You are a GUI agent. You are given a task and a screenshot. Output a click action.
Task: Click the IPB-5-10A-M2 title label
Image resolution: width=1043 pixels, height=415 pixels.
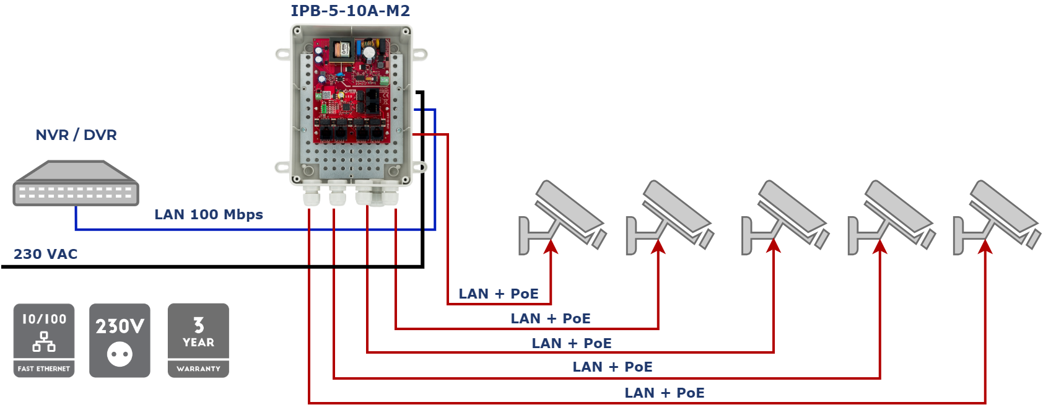pyautogui.click(x=350, y=11)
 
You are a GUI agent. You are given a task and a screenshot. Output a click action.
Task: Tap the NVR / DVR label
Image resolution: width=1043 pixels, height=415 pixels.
pyautogui.click(x=76, y=135)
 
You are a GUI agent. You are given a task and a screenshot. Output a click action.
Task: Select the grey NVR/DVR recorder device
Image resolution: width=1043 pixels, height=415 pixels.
pyautogui.click(x=76, y=184)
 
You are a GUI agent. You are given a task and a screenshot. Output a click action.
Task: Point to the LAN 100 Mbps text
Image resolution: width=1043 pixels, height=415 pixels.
pyautogui.click(x=209, y=215)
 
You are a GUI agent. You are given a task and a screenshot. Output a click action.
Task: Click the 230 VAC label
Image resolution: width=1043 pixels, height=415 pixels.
pyautogui.click(x=46, y=255)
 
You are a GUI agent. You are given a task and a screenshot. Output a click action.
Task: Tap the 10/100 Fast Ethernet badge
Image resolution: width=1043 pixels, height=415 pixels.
pyautogui.click(x=44, y=340)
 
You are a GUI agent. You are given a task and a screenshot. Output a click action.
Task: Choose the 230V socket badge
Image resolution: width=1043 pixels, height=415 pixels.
pyautogui.click(x=120, y=340)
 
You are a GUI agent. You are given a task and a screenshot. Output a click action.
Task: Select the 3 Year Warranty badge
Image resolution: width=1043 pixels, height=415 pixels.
pyautogui.click(x=198, y=340)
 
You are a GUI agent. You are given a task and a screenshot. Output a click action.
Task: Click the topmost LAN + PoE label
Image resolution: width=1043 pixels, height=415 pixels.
pyautogui.click(x=499, y=294)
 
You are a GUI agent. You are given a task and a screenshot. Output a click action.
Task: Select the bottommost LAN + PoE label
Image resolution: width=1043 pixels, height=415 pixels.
pyautogui.click(x=665, y=393)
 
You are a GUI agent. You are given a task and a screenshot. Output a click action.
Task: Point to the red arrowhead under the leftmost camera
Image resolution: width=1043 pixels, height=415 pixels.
pyautogui.click(x=551, y=247)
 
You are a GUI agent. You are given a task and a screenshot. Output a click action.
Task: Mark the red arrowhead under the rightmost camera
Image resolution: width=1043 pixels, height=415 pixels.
pyautogui.click(x=985, y=247)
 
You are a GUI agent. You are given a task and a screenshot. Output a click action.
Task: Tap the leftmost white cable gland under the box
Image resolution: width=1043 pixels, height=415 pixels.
pyautogui.click(x=311, y=197)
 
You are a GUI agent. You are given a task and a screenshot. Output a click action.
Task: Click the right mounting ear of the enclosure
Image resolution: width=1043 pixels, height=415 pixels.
pyautogui.click(x=420, y=55)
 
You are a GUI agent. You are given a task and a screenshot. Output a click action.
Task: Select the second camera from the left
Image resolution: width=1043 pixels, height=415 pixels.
pyautogui.click(x=670, y=217)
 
